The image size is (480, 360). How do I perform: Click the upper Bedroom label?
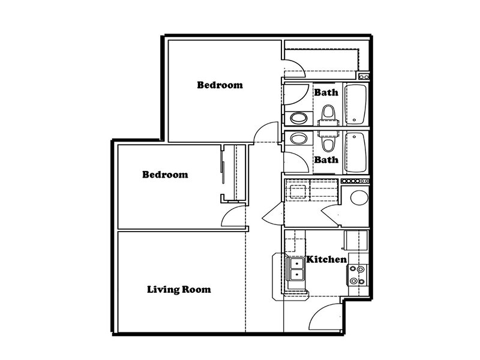[x=220, y=85]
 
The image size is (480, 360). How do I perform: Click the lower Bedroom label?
[x=165, y=175]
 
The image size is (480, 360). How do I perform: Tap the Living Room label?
[x=179, y=290]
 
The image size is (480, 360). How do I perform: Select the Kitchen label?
[x=326, y=260]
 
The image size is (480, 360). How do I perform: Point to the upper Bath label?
[x=326, y=92]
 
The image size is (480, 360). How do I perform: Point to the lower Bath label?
[x=326, y=160]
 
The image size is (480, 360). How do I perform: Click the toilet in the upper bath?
[x=328, y=115]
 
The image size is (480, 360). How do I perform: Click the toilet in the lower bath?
[x=328, y=142]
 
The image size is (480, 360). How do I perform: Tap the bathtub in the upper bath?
[x=355, y=104]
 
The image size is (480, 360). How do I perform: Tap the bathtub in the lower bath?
[x=355, y=152]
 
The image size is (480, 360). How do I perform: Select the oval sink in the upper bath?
[x=298, y=118]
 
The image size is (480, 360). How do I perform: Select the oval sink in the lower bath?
[x=298, y=139]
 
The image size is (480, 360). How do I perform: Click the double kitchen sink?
[x=295, y=269]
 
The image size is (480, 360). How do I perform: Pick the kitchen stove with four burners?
[x=358, y=275]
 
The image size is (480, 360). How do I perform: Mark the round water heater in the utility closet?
[x=359, y=197]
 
